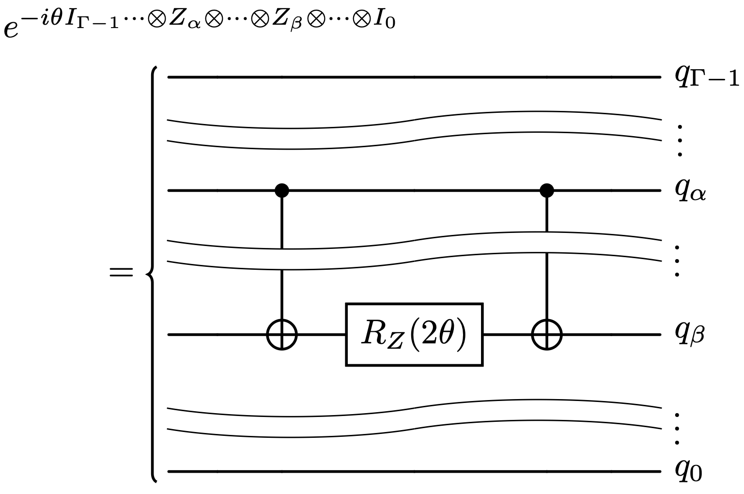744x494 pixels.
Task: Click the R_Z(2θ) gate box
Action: pyautogui.click(x=414, y=334)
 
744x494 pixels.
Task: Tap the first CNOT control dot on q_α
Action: pyautogui.click(x=282, y=190)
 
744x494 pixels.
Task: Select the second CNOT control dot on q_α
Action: pyautogui.click(x=547, y=190)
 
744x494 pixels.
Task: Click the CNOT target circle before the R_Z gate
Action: pyautogui.click(x=282, y=334)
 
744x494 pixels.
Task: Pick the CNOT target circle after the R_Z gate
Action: pyautogui.click(x=547, y=334)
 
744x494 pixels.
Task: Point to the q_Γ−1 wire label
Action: pyautogui.click(x=706, y=77)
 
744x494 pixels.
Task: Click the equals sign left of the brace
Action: pyautogui.click(x=121, y=273)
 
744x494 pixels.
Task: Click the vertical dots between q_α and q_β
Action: pyautogui.click(x=678, y=261)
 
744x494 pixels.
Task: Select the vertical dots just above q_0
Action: pyautogui.click(x=678, y=429)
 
